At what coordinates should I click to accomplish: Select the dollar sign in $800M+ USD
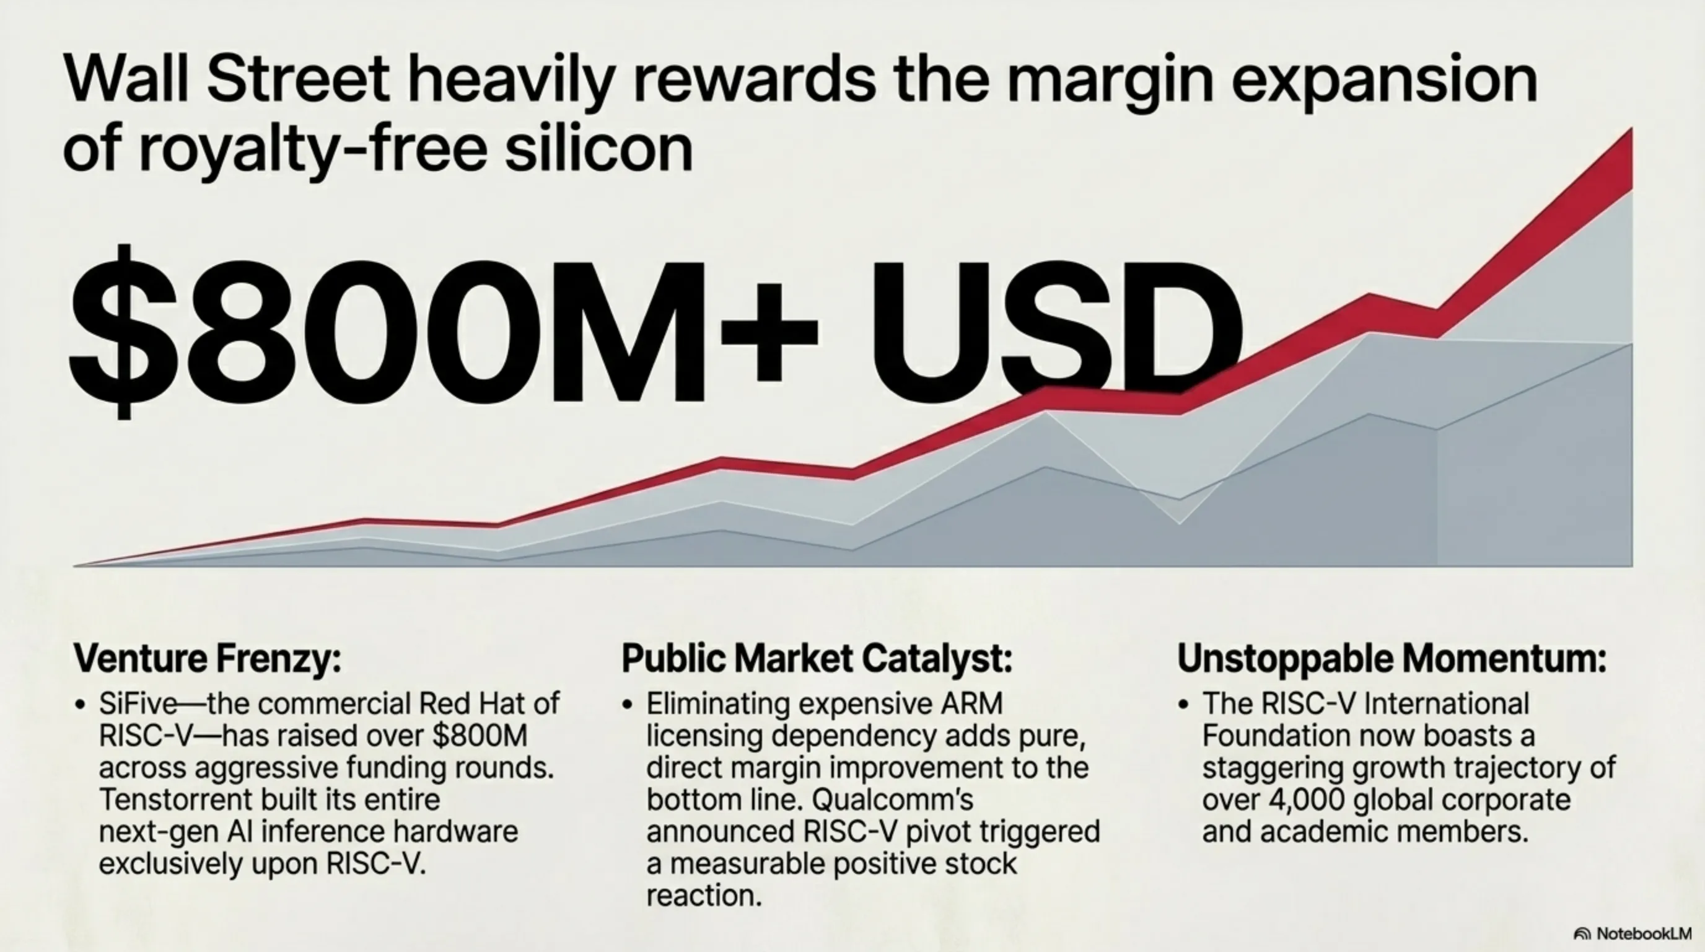[x=124, y=331]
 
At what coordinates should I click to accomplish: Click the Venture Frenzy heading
[x=207, y=659]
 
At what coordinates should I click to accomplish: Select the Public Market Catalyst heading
[x=817, y=659]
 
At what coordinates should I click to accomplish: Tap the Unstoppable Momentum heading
[x=1392, y=659]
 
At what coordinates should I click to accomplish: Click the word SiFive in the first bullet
[x=138, y=703]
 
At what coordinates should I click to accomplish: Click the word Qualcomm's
[x=892, y=800]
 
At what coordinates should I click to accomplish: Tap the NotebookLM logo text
[x=1644, y=933]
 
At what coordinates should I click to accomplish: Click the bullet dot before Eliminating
[x=628, y=705]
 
